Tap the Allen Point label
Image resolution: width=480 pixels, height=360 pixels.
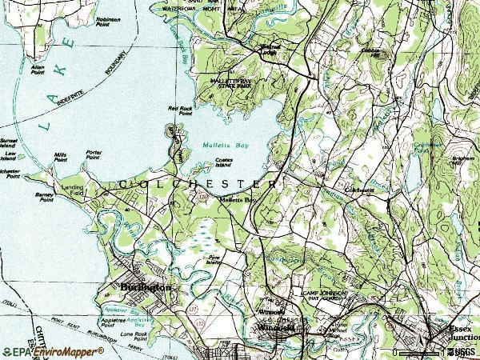pyautogui.click(x=37, y=69)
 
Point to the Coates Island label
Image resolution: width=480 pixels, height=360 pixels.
pyautogui.click(x=224, y=164)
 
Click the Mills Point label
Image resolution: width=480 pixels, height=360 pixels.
pyautogui.click(x=61, y=157)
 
